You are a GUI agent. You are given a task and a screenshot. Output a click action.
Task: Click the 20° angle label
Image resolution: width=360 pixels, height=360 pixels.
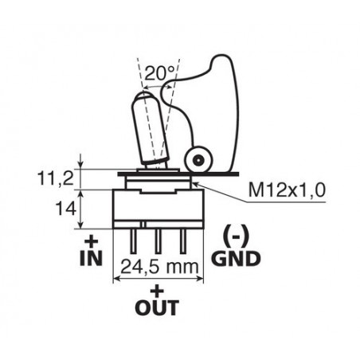tap(160, 73)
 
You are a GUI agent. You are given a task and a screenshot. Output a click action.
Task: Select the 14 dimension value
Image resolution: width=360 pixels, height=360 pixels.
tap(65, 209)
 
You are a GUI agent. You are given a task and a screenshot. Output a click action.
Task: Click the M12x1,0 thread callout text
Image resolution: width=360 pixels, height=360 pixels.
tap(287, 190)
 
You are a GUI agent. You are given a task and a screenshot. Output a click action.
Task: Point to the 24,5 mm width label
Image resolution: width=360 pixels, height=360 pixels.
tap(160, 267)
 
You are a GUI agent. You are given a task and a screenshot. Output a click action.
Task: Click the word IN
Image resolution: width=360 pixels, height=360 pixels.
tap(91, 258)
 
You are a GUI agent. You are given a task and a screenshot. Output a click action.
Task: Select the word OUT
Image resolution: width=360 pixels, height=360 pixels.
tap(157, 307)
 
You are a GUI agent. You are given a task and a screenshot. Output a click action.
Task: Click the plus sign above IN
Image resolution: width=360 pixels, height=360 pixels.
tap(92, 242)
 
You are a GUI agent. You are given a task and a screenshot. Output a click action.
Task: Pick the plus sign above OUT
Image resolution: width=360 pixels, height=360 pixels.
tap(157, 292)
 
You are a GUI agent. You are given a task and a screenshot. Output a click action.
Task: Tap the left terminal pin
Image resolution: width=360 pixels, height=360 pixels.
tap(133, 241)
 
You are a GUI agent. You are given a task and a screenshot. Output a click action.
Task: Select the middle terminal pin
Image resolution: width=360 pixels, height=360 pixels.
tap(158, 241)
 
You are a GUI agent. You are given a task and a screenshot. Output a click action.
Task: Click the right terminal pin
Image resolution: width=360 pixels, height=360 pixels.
tap(183, 241)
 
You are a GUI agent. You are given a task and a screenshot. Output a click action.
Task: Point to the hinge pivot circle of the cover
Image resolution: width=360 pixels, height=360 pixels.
tap(199, 160)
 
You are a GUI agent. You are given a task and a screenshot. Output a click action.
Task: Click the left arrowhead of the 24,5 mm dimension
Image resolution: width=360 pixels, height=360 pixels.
tap(117, 279)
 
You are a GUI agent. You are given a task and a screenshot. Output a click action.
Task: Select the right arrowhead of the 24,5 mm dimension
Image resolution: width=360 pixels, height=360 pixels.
tap(200, 279)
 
